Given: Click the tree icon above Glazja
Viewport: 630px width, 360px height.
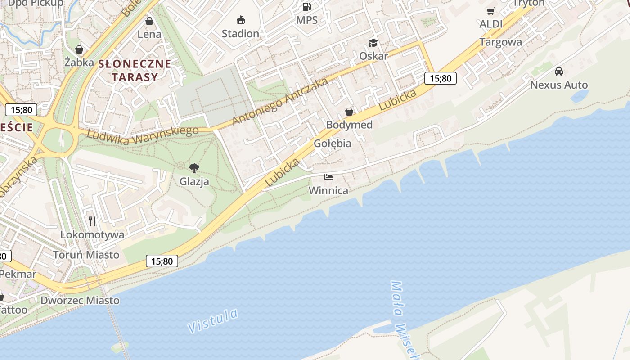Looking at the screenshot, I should tap(194, 168).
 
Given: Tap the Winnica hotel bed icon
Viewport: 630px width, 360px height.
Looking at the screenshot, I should tap(328, 177).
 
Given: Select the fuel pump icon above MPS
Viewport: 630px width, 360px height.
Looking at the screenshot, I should tap(306, 6).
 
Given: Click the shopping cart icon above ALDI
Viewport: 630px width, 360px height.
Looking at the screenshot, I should tap(490, 11).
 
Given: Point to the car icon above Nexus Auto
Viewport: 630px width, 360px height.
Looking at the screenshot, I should tap(559, 72).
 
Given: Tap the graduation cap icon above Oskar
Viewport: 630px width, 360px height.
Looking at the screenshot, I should tap(373, 43).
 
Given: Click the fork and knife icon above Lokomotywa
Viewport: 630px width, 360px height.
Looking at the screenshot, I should tap(92, 221).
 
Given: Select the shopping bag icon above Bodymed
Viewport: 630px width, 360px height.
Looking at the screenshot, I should tap(349, 112).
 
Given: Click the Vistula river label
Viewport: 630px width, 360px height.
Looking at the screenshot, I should tap(212, 321).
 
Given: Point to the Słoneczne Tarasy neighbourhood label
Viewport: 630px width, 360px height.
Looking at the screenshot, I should tap(135, 70).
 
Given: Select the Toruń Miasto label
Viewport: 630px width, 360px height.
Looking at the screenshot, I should tap(86, 255).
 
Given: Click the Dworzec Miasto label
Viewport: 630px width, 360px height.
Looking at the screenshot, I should tap(80, 300).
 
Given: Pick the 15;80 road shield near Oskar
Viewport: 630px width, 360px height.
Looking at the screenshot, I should tap(440, 78).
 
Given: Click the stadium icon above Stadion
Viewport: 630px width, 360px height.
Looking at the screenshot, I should tap(241, 20).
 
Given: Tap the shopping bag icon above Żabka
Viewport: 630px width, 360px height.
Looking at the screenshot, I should tap(79, 49).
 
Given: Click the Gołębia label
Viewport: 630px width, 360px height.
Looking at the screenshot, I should tap(333, 144).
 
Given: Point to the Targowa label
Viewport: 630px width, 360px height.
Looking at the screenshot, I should tap(500, 42).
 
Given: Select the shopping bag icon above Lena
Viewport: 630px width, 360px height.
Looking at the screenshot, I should tap(149, 21).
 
